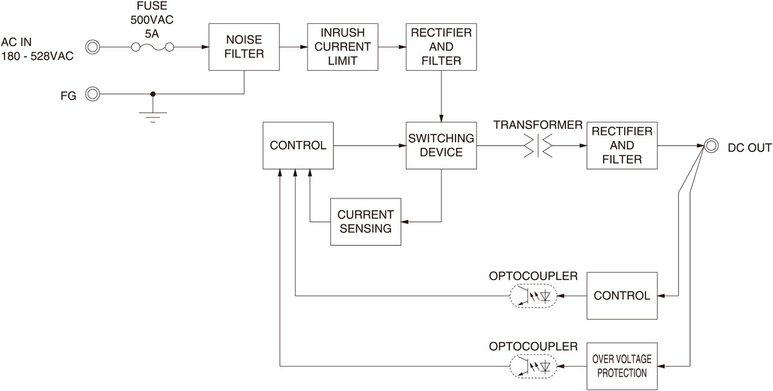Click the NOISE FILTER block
point(244,47)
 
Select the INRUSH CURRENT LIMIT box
point(343,47)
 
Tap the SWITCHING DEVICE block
point(441,146)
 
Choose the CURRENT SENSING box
point(366,222)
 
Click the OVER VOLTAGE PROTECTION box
point(622,366)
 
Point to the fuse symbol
point(153,47)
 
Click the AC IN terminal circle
point(93,47)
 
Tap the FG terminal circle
point(93,94)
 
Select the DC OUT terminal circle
point(711,146)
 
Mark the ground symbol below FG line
point(153,117)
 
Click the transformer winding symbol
point(538,146)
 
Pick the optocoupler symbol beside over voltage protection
point(533,366)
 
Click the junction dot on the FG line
point(153,94)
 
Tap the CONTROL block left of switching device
point(298,146)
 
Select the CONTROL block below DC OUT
point(622,296)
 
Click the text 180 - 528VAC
point(37,56)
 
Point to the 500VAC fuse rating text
point(152,20)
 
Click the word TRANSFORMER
point(538,124)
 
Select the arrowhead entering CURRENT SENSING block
point(405,222)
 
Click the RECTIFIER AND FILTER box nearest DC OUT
point(622,146)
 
